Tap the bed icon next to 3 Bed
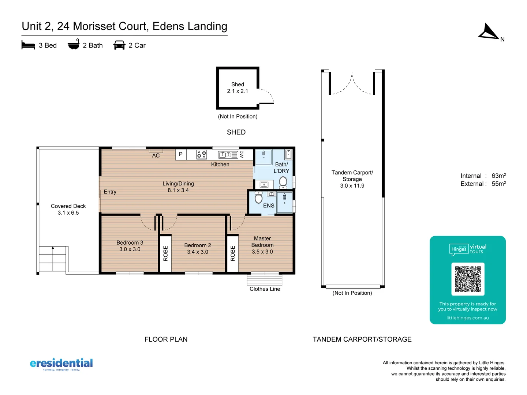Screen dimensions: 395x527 28,45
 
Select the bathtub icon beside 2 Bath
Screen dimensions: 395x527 74,45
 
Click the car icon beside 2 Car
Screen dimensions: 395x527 119,45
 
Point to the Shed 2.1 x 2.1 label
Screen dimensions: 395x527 238,88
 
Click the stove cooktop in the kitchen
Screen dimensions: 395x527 202,154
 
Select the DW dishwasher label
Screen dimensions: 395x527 242,154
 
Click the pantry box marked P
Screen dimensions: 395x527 181,154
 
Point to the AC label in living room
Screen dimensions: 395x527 156,155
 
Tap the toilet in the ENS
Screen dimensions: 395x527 259,198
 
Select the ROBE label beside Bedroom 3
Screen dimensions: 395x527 165,253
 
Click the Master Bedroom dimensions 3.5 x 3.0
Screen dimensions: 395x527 262,252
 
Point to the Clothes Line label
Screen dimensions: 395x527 265,289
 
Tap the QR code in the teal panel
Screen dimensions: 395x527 468,279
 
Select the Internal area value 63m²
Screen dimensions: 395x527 498,176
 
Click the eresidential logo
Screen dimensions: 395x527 61,364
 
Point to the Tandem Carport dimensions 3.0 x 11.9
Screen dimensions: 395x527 352,186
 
